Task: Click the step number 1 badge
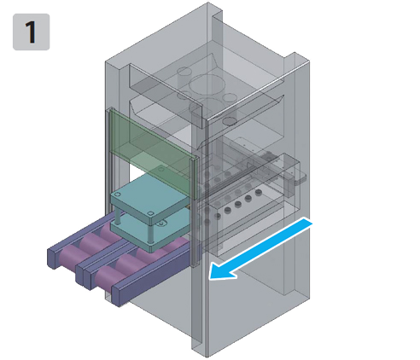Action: click(x=32, y=32)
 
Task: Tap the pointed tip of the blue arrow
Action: click(x=210, y=278)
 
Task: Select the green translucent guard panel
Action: click(x=151, y=153)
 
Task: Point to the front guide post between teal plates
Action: click(x=150, y=233)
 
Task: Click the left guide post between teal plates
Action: click(x=117, y=217)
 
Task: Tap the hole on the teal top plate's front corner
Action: click(x=150, y=213)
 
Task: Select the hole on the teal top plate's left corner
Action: click(x=117, y=195)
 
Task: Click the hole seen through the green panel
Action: click(x=161, y=170)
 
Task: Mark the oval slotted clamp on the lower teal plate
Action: click(x=161, y=224)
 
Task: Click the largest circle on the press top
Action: click(x=207, y=84)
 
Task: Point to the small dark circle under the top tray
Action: click(x=230, y=121)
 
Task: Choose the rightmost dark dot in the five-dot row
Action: click(x=259, y=193)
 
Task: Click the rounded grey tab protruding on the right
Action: click(x=300, y=180)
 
